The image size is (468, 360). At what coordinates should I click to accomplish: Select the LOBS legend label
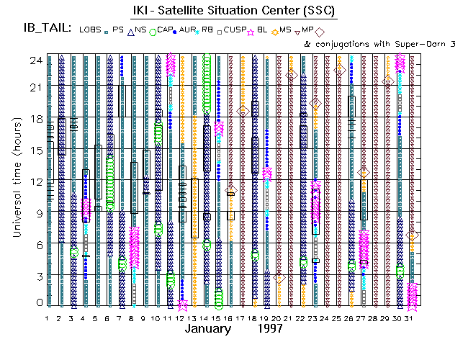pos(91,30)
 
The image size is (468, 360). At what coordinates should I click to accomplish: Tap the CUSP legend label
pos(235,30)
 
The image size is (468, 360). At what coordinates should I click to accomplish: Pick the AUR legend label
pos(188,30)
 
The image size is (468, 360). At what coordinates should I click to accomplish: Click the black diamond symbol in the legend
pos(319,32)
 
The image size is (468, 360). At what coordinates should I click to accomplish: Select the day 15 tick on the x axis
pos(217,317)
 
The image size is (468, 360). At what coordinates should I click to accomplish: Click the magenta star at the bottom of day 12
pos(182,305)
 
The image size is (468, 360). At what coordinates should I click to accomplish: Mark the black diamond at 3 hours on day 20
pos(279,278)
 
